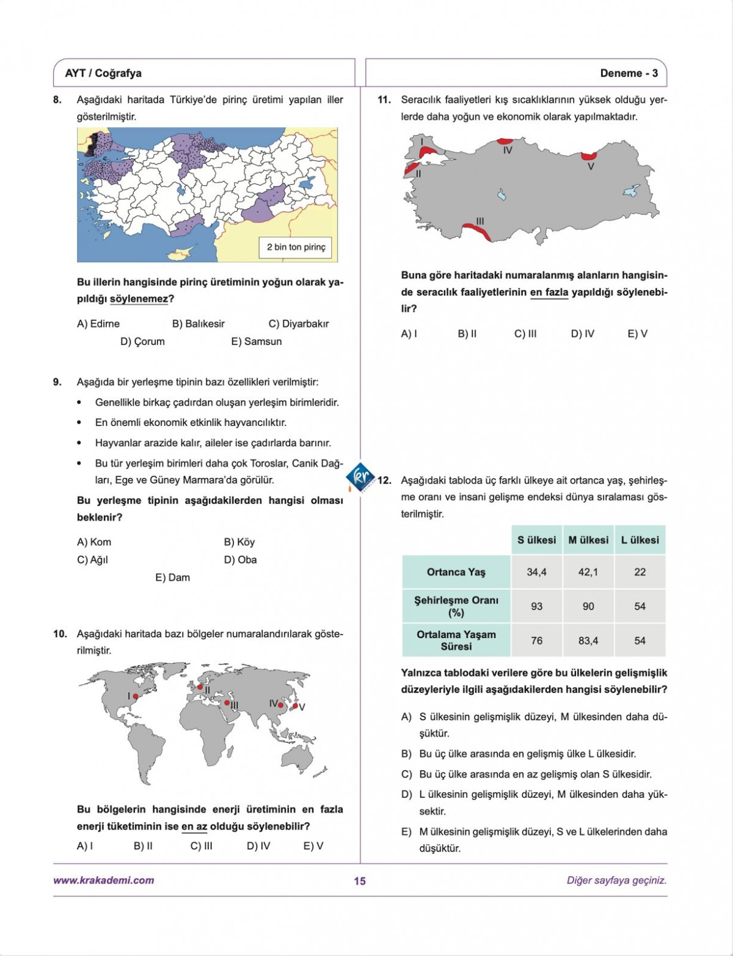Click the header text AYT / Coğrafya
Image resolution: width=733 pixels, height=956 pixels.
tap(103, 73)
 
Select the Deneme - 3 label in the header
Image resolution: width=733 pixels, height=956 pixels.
tap(629, 73)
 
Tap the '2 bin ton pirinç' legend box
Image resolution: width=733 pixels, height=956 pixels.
tap(296, 247)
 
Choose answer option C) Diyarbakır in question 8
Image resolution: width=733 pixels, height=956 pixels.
tap(299, 324)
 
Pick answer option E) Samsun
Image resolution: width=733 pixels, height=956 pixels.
tap(257, 342)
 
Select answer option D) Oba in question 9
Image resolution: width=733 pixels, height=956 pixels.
tap(240, 560)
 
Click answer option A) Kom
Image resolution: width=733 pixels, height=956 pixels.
tap(94, 542)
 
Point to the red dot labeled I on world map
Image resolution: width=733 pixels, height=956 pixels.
tap(136, 696)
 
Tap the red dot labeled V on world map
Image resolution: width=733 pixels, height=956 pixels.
tap(295, 706)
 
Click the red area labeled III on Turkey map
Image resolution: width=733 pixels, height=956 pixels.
tap(475, 231)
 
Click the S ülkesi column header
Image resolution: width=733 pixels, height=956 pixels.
tap(536, 540)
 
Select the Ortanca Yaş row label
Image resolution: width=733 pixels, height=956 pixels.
tap(456, 572)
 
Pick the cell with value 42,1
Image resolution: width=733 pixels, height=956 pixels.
tap(588, 572)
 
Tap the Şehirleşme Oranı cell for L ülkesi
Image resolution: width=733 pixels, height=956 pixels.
tap(640, 606)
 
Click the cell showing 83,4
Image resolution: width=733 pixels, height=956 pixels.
tap(588, 641)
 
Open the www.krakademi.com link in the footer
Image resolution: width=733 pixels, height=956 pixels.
tap(103, 881)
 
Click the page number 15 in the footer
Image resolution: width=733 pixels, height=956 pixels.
tap(360, 881)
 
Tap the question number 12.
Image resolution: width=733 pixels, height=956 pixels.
tap(384, 480)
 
